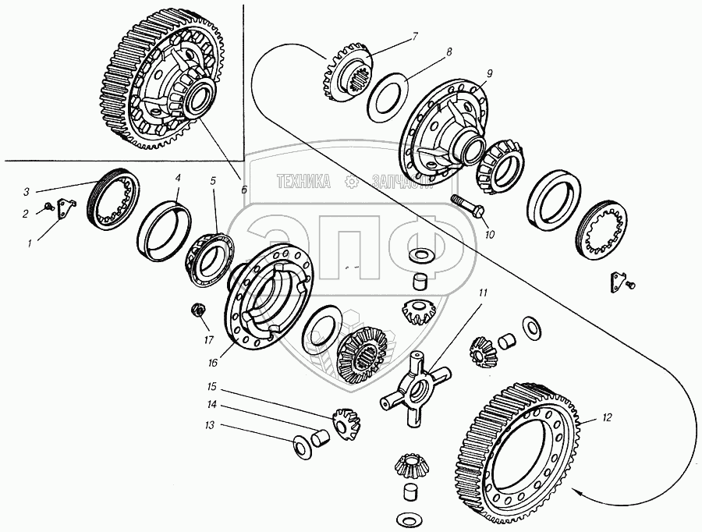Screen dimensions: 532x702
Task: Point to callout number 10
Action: [489, 232]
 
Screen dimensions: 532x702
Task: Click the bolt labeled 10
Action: [469, 205]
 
